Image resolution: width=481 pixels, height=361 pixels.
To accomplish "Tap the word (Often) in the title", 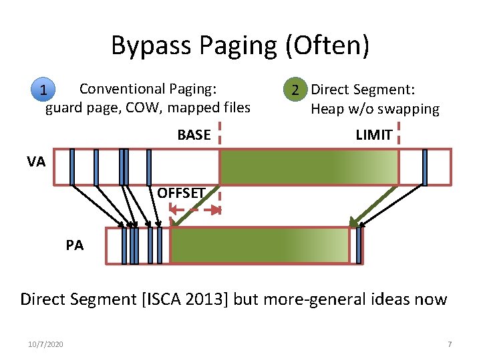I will pos(328,46).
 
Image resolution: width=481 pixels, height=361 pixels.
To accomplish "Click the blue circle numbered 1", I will pos(42,90).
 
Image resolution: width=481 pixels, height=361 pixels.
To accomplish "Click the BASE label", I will pos(194,135).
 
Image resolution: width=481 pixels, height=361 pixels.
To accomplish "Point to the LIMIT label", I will pos(373,135).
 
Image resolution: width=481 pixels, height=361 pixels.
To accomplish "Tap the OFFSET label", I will pos(180,194).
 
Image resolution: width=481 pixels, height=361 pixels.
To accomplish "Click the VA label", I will pos(36,161).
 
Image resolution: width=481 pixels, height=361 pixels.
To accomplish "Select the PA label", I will pos(75,245).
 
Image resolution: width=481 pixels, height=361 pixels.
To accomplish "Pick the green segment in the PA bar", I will pos(260,245).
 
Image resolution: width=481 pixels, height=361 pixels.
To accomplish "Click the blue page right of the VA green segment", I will pos(425,166).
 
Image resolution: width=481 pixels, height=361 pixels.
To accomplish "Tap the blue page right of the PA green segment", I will pos(359,245).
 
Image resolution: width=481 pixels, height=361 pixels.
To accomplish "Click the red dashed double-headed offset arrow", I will pos(195,210).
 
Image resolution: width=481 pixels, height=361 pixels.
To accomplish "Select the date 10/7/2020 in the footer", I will pos(46,344).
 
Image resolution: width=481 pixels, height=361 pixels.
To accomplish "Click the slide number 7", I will pos(450,344).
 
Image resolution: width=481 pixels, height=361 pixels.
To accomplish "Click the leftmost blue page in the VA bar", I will pos(72,166).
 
